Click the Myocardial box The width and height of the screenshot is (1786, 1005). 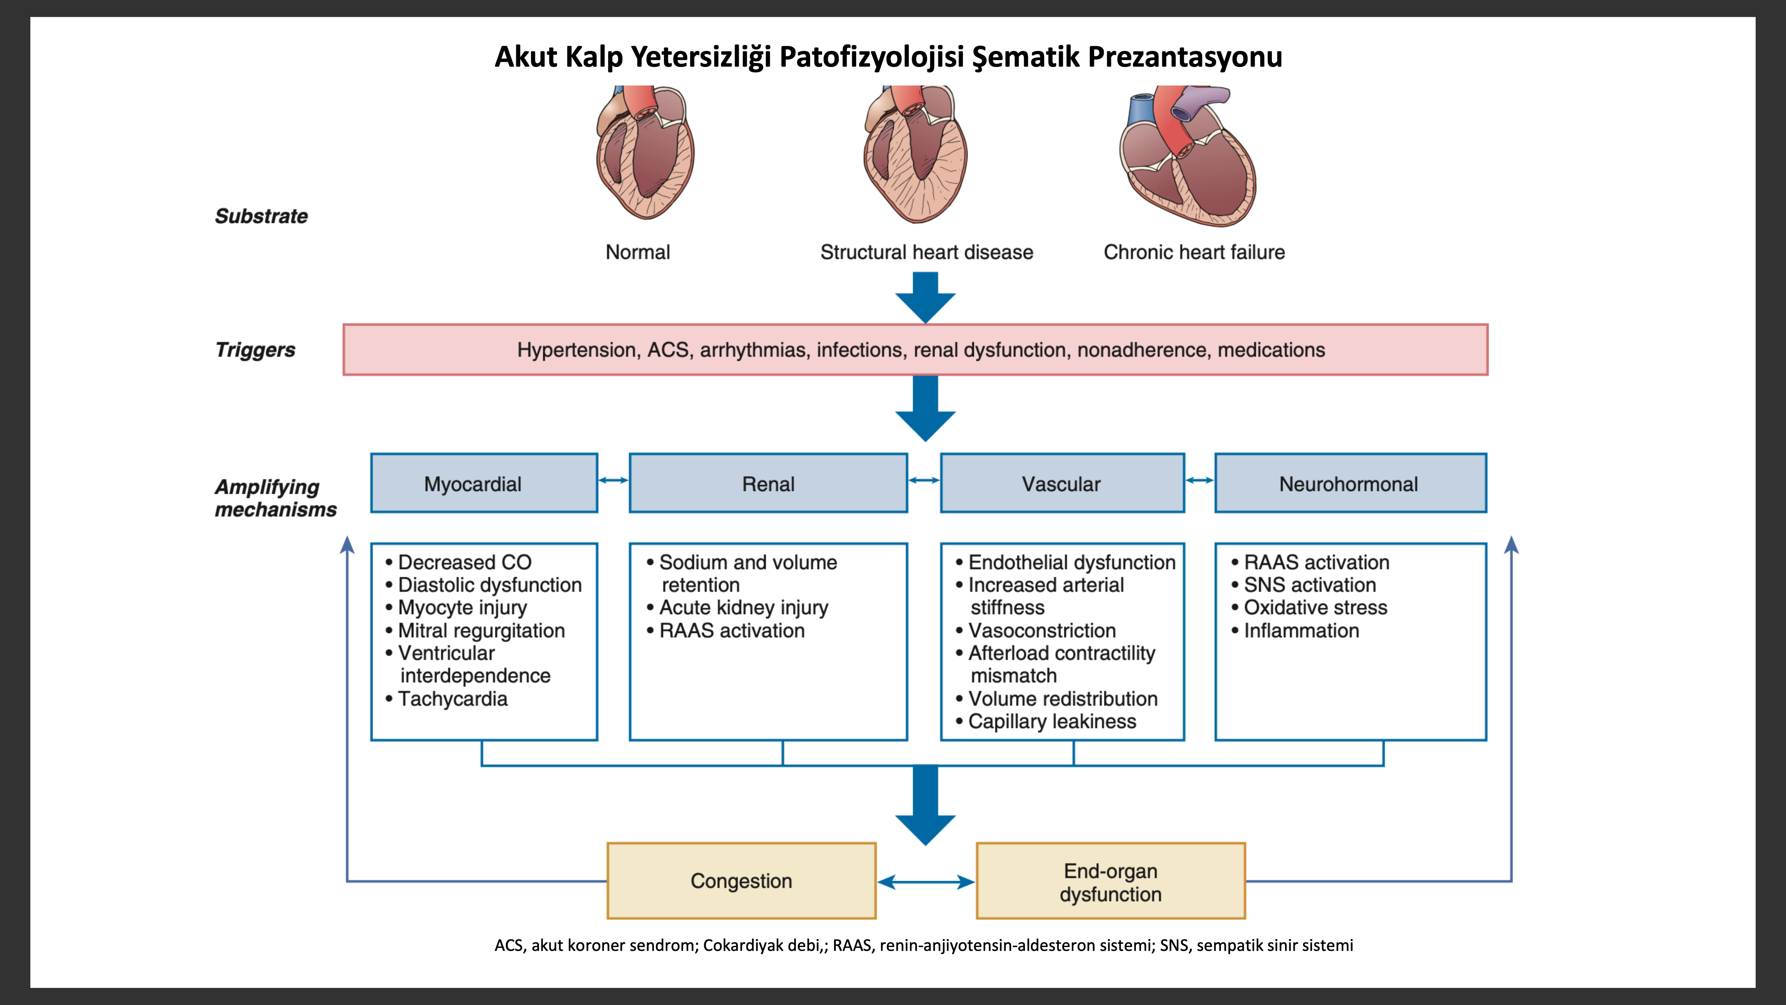[484, 483]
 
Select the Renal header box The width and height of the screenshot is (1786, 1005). [768, 483]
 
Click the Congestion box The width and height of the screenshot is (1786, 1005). [741, 881]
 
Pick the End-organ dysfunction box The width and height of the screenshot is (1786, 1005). [1111, 881]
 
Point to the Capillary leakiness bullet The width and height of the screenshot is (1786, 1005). [1045, 721]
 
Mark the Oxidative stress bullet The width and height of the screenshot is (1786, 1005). [1309, 608]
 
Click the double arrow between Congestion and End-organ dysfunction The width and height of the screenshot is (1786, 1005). [926, 881]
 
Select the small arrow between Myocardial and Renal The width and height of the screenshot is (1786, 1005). [614, 480]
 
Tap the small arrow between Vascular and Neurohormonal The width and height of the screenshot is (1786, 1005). [1200, 480]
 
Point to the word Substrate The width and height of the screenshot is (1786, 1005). [261, 216]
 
